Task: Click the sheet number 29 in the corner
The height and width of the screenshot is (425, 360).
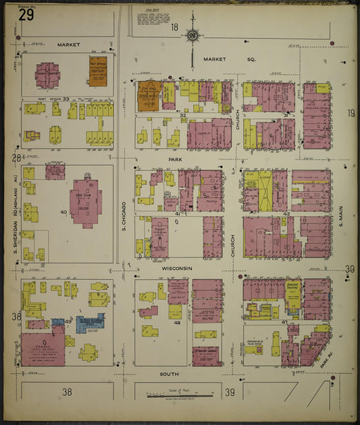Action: point(27,15)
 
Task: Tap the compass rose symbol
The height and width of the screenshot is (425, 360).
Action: point(193,36)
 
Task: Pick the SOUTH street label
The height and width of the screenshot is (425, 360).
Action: point(169,373)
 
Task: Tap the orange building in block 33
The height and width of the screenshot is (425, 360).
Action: point(98,70)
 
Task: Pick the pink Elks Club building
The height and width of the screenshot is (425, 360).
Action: point(85,200)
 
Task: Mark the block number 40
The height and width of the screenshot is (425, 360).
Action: point(63,213)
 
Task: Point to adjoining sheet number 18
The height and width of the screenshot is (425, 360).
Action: point(174,28)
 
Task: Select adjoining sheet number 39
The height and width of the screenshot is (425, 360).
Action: point(230,392)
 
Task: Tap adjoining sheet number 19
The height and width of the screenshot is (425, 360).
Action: point(351,113)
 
